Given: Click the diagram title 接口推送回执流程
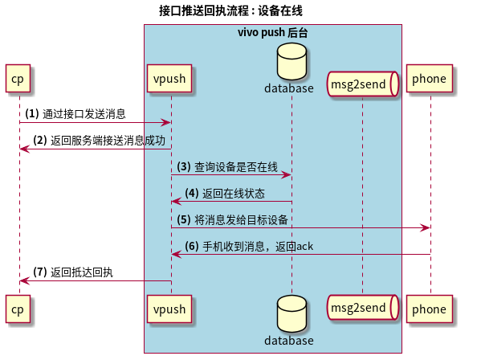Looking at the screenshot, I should (230, 10).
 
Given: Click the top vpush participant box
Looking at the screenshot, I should (170, 79).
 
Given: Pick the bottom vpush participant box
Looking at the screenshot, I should (170, 309).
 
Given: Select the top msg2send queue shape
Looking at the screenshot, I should (363, 83).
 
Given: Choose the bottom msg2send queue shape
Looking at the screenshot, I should (363, 309).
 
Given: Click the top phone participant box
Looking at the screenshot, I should (429, 79).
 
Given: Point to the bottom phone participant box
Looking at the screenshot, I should (429, 309).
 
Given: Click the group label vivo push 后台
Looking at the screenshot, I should (272, 33).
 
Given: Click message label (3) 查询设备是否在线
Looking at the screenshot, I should (227, 167).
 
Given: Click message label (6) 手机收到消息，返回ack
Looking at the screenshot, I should (249, 246).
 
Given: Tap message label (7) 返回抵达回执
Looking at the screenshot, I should (73, 272).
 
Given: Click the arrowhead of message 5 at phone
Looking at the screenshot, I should (426, 228).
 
